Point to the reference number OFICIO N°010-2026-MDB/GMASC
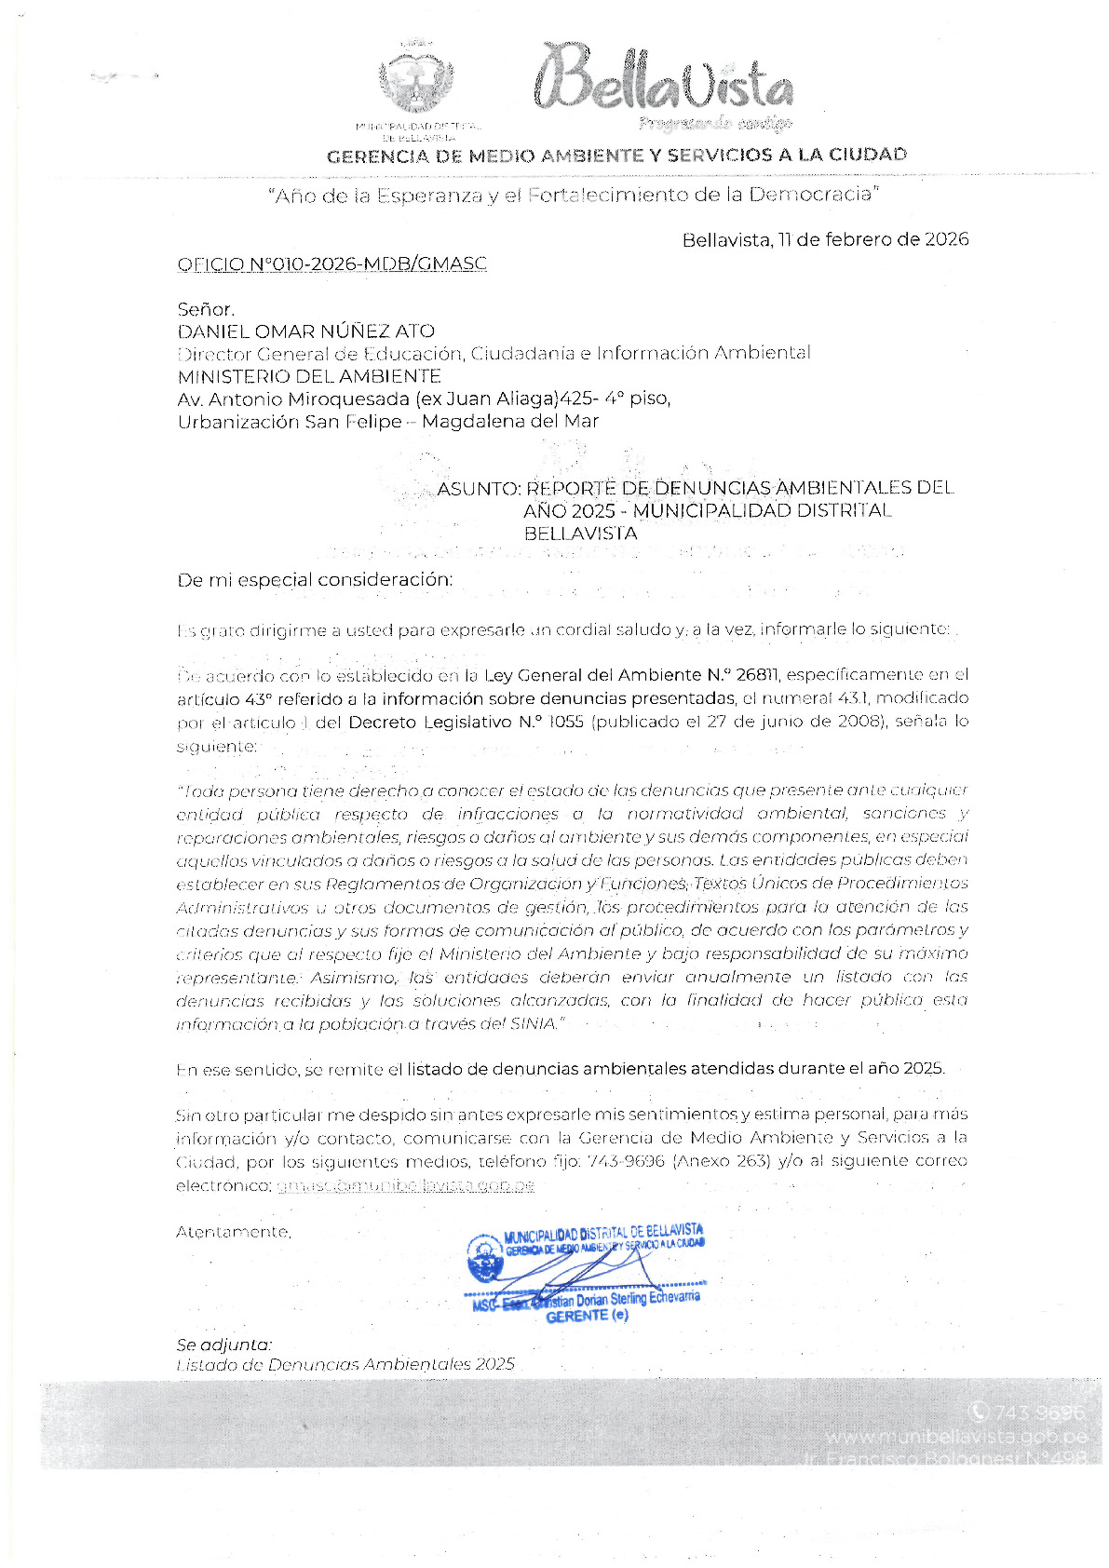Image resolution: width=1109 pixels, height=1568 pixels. pyautogui.click(x=331, y=264)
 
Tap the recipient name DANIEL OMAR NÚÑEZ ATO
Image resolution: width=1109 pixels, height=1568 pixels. pyautogui.click(x=305, y=331)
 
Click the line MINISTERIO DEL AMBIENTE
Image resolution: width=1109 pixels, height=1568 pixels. pyautogui.click(x=309, y=376)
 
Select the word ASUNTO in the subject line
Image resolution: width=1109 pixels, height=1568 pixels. pyautogui.click(x=478, y=488)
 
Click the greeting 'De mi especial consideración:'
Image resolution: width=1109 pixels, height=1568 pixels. pyautogui.click(x=315, y=579)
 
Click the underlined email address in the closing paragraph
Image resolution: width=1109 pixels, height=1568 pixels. pyautogui.click(x=405, y=1185)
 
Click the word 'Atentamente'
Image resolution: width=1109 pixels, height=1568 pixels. pyautogui.click(x=233, y=1232)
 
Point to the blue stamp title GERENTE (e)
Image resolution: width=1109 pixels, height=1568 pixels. pyautogui.click(x=587, y=1316)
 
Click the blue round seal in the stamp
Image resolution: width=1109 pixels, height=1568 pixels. pyautogui.click(x=485, y=1258)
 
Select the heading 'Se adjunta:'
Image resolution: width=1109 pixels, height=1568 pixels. pyautogui.click(x=223, y=1345)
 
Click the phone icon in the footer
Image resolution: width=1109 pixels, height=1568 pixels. pyautogui.click(x=978, y=1413)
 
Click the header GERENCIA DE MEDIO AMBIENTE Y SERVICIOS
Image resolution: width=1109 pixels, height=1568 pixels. pyautogui.click(x=616, y=155)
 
